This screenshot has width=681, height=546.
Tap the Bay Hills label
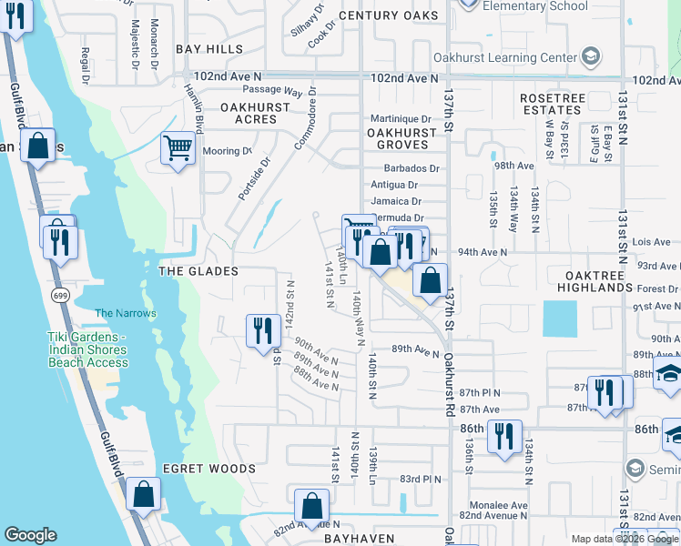pyautogui.click(x=209, y=48)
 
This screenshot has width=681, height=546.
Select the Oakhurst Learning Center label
pyautogui.click(x=521, y=58)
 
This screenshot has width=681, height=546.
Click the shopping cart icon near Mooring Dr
pyautogui.click(x=178, y=147)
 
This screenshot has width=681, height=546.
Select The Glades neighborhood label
pyautogui.click(x=198, y=271)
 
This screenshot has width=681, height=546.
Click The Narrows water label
pyautogui.click(x=126, y=313)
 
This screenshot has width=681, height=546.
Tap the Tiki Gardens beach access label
pyautogui.click(x=87, y=349)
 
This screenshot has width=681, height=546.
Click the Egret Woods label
pyautogui.click(x=209, y=469)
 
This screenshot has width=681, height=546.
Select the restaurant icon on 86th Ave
pyautogui.click(x=504, y=436)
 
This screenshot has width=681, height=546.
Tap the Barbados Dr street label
pyautogui.click(x=412, y=168)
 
